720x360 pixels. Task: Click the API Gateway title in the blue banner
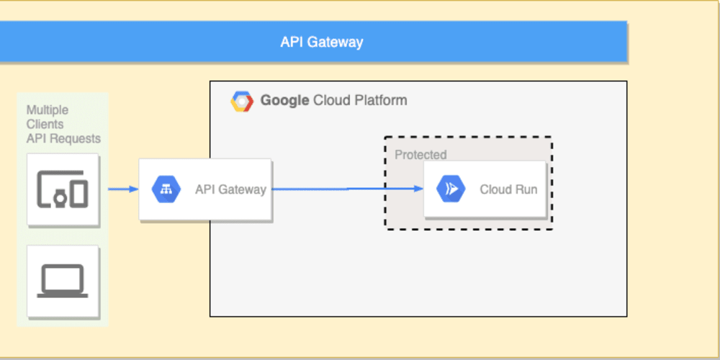(x=321, y=42)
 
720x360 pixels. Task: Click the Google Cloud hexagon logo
(x=242, y=102)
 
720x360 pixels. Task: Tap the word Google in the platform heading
(x=284, y=100)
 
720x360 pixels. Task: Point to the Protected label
(x=420, y=155)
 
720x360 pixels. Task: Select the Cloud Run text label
(x=508, y=190)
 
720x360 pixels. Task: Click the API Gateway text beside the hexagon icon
(x=230, y=190)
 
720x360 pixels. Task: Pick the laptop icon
(x=63, y=282)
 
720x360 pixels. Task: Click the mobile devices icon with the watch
(x=63, y=189)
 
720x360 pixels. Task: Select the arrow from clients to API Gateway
(x=122, y=189)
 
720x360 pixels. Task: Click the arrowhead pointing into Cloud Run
(x=418, y=189)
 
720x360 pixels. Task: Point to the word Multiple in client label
(x=48, y=110)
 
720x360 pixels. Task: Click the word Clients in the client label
(x=45, y=124)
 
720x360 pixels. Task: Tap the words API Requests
(x=63, y=138)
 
